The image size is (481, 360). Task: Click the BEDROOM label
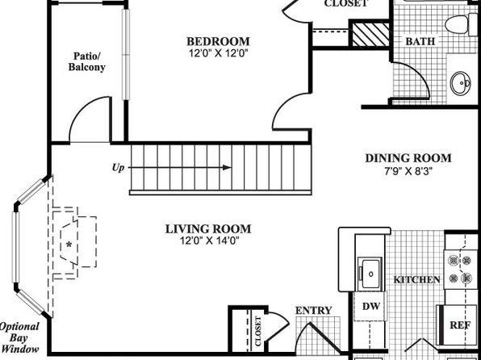point(218,41)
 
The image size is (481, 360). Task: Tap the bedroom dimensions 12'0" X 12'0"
point(218,53)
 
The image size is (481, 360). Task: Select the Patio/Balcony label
point(87,61)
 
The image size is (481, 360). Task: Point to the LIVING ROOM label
point(208,229)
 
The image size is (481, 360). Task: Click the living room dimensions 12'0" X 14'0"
point(210,241)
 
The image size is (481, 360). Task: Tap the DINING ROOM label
point(408,158)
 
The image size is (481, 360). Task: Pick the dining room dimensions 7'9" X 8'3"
point(408,170)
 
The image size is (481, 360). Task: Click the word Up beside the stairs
point(119,168)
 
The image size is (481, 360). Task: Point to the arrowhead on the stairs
point(227,168)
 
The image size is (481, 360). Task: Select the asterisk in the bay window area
point(69,245)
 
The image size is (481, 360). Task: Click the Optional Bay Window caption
point(19,337)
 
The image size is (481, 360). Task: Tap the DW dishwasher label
point(371,306)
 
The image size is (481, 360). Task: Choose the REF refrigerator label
point(460,325)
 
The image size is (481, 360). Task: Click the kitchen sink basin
point(371,273)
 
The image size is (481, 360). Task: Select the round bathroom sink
point(461,83)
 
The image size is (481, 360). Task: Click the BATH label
point(420,41)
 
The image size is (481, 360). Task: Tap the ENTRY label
point(313,311)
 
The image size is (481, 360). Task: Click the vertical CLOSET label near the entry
point(258,331)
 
